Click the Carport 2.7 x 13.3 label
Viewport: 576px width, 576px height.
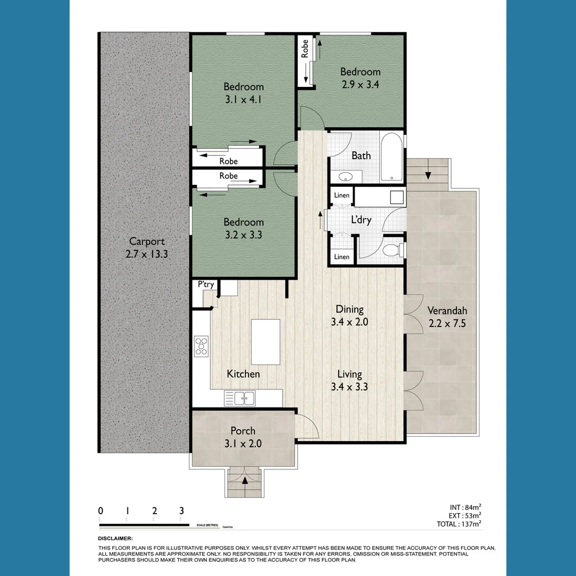147,248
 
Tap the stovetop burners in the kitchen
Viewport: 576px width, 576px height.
202,345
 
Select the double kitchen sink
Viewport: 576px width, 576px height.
240,397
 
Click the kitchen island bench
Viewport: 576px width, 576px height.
266,342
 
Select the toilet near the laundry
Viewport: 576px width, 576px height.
393,250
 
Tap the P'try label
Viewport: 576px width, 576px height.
206,285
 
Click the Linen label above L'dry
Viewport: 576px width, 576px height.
341,196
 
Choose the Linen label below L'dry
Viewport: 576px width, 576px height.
341,257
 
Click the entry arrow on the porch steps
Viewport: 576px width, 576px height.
245,481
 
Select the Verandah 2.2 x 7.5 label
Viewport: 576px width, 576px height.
447,317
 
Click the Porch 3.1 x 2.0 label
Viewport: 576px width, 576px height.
243,437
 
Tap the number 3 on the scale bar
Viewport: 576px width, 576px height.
181,510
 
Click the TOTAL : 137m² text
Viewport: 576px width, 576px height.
459,524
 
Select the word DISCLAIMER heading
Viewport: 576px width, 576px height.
115,539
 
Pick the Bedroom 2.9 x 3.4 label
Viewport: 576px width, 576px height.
361,78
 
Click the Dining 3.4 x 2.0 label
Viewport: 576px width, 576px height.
349,315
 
